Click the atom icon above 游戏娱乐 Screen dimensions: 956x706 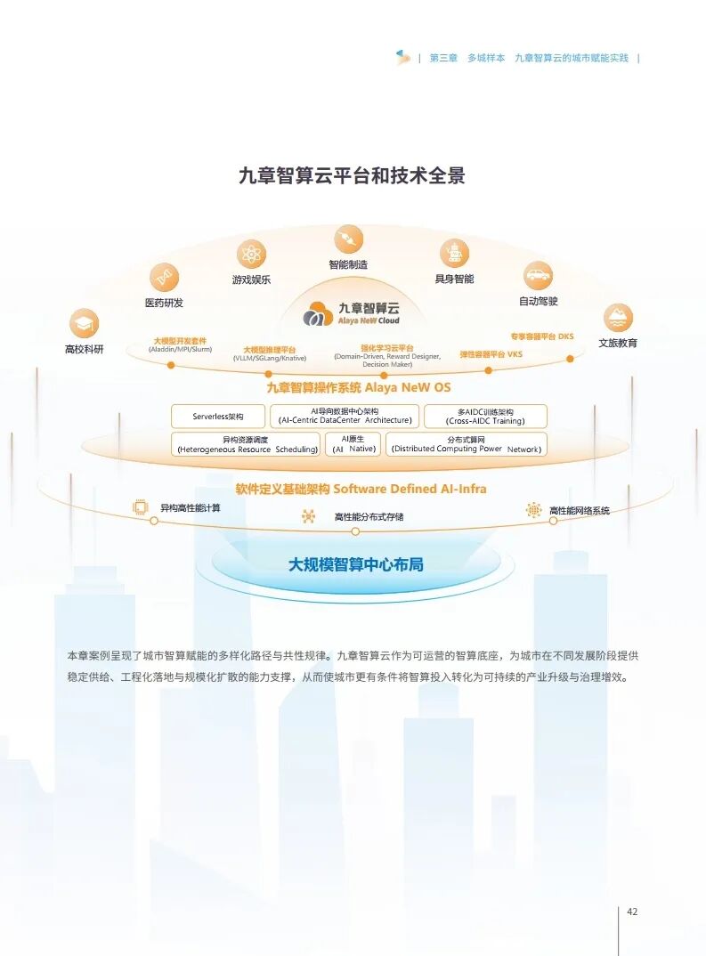pos(251,255)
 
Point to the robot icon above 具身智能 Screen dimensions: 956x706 pos(454,254)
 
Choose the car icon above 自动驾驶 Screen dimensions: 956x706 pos(538,275)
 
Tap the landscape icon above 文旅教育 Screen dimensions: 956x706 pos(617,317)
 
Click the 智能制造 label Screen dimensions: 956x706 pos(348,264)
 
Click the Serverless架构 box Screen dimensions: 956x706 pos(218,416)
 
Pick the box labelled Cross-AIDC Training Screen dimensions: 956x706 pos(485,416)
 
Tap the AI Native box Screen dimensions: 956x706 pos(353,444)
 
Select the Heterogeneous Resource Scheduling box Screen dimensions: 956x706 pos(247,444)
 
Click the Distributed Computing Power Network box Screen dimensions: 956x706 pos(466,444)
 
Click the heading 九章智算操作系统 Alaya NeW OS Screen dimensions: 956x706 pos(358,387)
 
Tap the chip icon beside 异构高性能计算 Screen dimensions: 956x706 pos(140,507)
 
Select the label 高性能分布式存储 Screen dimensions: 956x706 pos(369,516)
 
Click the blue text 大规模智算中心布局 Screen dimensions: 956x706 pos(355,564)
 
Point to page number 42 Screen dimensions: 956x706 pos(632,911)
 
